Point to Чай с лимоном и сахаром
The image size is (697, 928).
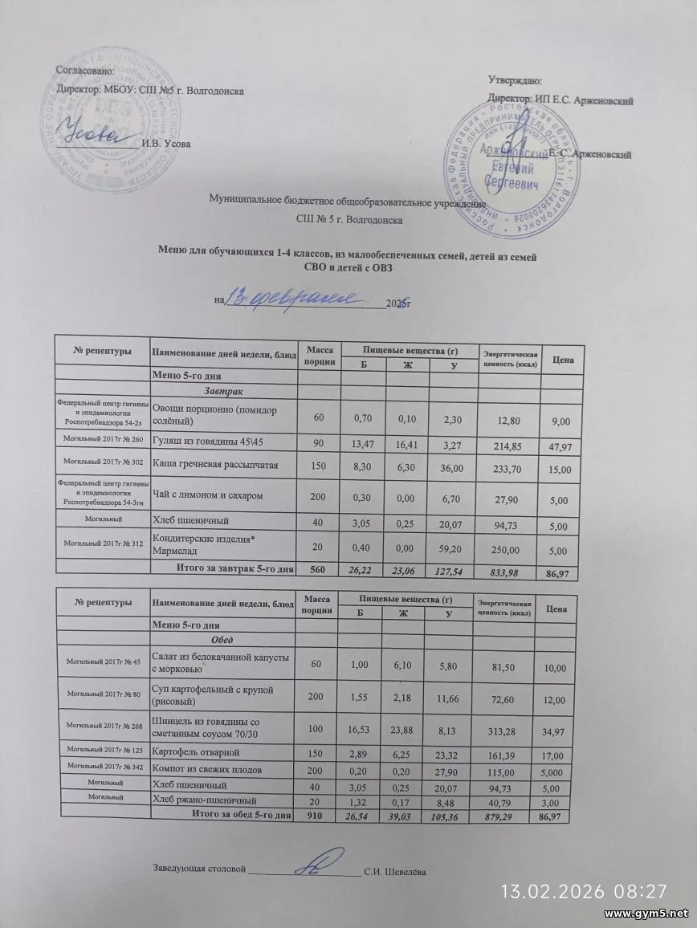[x=207, y=497]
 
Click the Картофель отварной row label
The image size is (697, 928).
[x=196, y=753]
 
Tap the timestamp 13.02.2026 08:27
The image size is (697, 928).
[x=584, y=891]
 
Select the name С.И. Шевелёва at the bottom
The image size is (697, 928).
[x=395, y=871]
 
